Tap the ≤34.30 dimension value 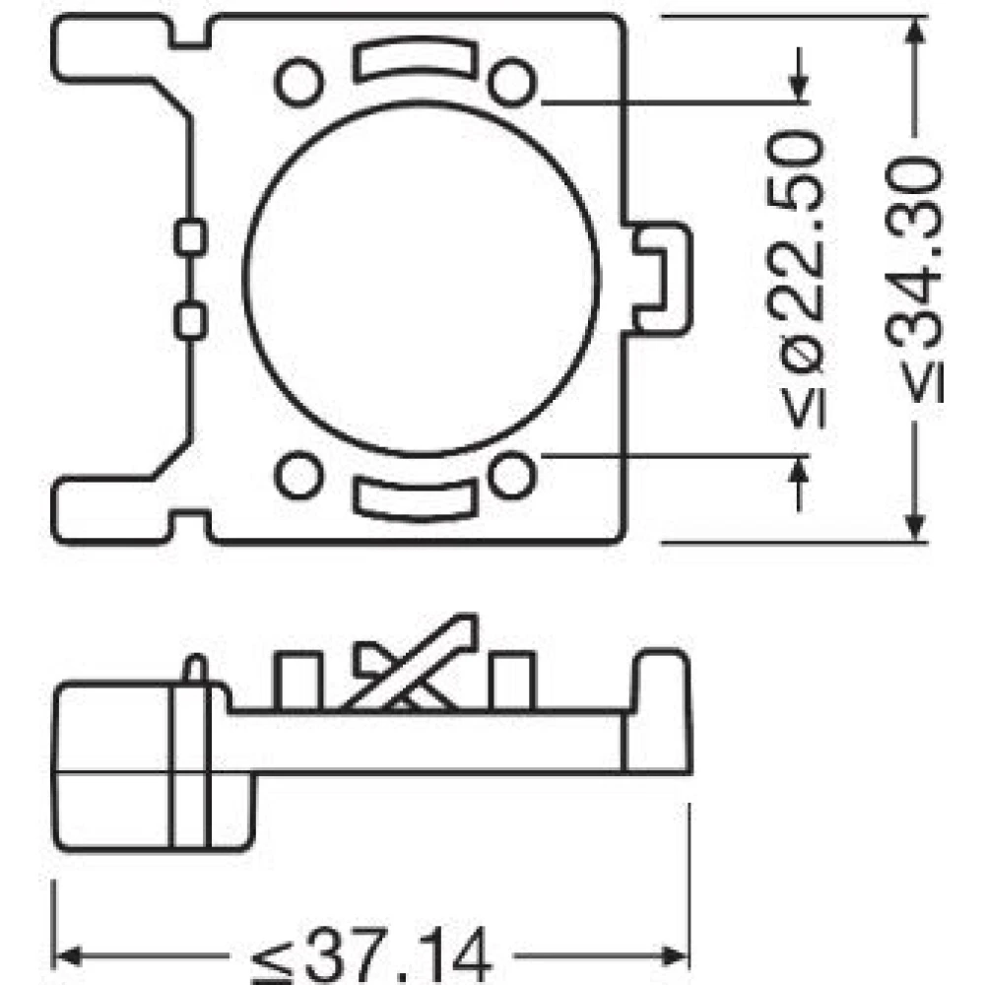tap(914, 279)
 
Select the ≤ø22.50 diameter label tap(795, 279)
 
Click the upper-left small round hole tap(299, 82)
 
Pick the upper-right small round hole tap(512, 82)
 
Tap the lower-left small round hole tap(299, 476)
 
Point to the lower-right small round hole tap(512, 476)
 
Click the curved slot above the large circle tap(416, 58)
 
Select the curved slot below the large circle tap(416, 498)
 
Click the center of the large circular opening tap(421, 279)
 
